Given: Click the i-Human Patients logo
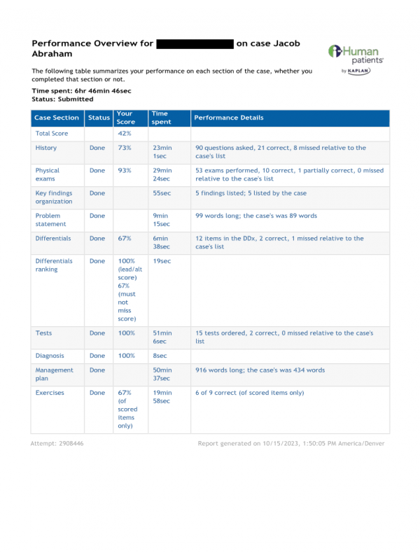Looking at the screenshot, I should pos(354,59).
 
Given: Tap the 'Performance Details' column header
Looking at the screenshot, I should pos(229,118).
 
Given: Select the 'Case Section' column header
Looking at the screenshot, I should pos(57,118).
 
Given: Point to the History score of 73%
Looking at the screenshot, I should pos(124,148).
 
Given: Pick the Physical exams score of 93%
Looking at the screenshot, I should pos(124,170).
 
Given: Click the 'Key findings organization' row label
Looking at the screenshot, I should pos(54,197).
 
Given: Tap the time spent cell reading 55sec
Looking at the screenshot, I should pos(161,193).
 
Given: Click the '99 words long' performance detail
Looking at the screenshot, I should pos(255,216).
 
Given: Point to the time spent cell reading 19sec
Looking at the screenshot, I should pos(161,261).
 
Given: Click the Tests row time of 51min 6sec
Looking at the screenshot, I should pos(162,337).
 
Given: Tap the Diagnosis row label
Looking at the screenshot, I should pos(49,356).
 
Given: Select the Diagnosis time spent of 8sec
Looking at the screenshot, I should pos(159,356).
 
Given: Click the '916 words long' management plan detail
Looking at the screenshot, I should pos(260,370).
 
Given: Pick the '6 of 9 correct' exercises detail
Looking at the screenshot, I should pos(249,393).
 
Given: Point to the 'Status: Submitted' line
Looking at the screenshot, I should pos(62,99).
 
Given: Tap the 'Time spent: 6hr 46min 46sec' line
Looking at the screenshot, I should pos(81,91).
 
